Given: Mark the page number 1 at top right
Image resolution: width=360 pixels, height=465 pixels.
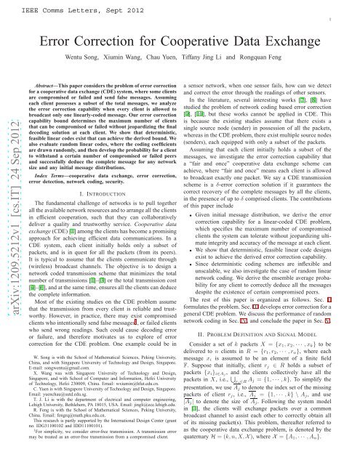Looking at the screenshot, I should [x=350, y=22].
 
